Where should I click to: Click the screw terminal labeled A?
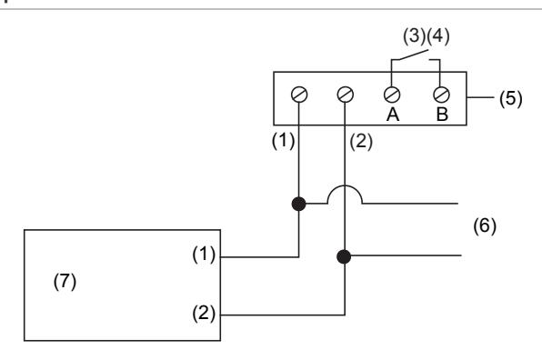(392, 95)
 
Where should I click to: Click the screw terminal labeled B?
(441, 95)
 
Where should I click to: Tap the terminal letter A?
(393, 115)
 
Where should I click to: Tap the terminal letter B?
(443, 115)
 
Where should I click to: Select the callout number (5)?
(510, 98)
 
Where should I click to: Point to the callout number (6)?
(485, 226)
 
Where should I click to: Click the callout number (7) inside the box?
(65, 281)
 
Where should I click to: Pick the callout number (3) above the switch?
(415, 36)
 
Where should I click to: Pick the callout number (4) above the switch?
(438, 36)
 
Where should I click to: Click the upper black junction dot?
(298, 204)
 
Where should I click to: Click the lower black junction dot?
(344, 256)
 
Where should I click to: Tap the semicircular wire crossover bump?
(345, 186)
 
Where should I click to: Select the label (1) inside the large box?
(204, 255)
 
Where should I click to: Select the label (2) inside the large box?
(204, 314)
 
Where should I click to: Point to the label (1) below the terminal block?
(284, 141)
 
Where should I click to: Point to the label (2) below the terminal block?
(361, 142)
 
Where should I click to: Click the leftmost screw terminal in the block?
(299, 95)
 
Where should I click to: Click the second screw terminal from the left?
(346, 95)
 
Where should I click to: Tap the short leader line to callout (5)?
(480, 97)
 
